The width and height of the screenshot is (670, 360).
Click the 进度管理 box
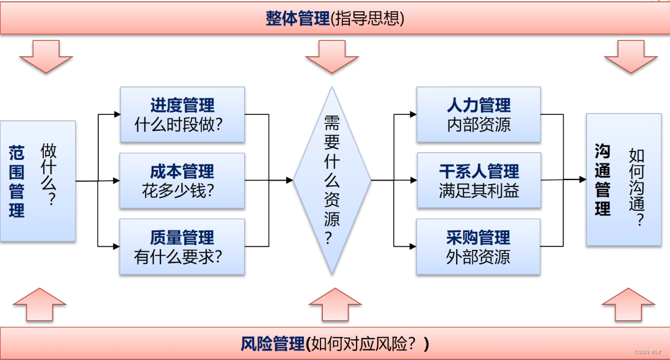coord(182,114)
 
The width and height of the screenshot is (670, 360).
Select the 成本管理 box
coord(182,181)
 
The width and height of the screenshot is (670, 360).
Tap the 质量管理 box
coord(182,246)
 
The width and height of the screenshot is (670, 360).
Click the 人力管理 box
coord(479,114)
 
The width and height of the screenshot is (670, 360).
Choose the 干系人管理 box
coord(479,181)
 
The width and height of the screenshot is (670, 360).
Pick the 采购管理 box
coord(479,246)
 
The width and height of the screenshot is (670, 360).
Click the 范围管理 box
coord(37,181)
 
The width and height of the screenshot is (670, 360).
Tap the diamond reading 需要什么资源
coord(332,180)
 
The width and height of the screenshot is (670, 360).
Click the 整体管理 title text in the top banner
coord(297,19)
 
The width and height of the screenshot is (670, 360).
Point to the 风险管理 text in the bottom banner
coord(273,343)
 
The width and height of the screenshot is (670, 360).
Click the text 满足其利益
coord(479,191)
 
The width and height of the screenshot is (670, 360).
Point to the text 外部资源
coord(479,258)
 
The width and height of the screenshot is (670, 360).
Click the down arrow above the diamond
coord(332,56)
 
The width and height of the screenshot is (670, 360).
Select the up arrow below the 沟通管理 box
coord(630,304)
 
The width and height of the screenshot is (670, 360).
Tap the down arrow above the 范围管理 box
coord(46,56)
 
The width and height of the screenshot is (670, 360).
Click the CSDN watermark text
coord(649,352)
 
